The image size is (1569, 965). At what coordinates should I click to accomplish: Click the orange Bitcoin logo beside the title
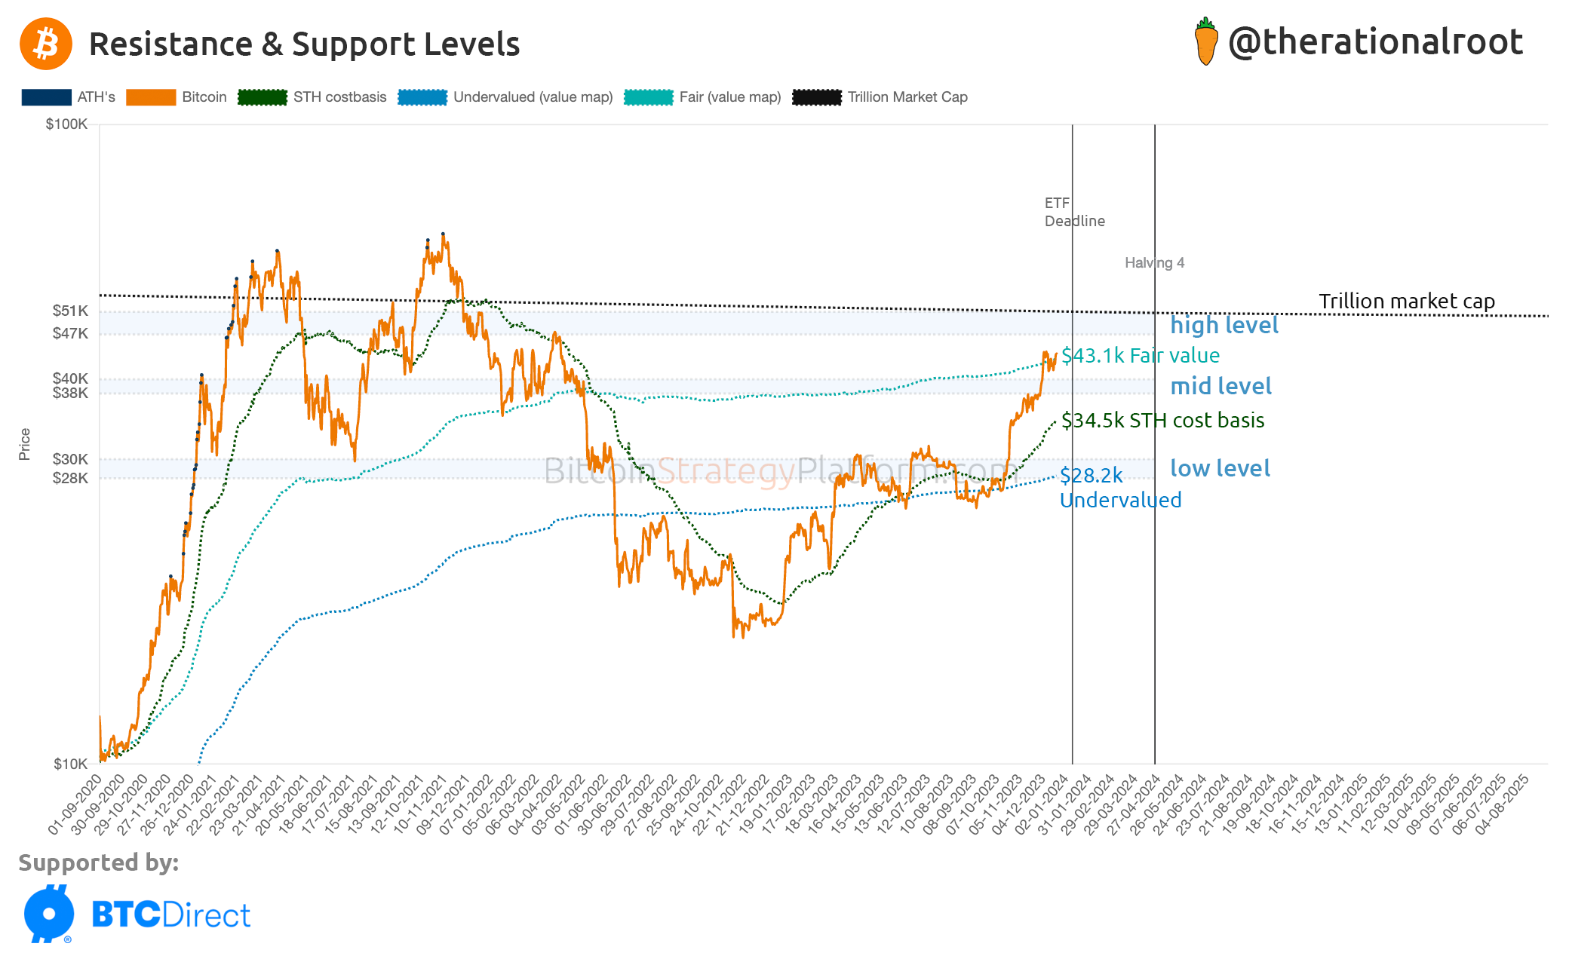point(46,44)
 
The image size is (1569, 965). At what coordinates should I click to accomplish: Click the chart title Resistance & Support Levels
point(304,44)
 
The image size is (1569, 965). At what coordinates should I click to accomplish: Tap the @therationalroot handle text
point(1375,41)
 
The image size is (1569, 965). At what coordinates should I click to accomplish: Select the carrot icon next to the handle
point(1206,42)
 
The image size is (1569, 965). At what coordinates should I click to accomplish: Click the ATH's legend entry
point(69,97)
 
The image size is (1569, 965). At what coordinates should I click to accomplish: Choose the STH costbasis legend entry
point(312,97)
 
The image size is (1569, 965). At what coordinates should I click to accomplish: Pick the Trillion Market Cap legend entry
point(880,97)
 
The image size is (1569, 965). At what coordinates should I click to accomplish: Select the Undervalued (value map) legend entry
point(505,97)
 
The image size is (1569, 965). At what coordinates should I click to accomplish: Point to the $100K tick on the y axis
point(67,124)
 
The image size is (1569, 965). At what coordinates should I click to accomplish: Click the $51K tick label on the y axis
point(70,311)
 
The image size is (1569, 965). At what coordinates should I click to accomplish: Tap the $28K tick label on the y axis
point(70,478)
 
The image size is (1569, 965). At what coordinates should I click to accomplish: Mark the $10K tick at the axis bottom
point(70,764)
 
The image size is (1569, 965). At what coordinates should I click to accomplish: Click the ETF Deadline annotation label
point(1074,212)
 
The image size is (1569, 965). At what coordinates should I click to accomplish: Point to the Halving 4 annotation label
point(1154,263)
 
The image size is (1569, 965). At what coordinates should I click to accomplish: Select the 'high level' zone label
point(1224,325)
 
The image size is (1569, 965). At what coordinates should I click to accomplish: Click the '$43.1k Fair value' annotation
point(1140,355)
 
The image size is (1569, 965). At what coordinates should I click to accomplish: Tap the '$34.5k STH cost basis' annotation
point(1162,420)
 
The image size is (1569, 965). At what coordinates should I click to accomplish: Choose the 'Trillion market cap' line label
point(1406,301)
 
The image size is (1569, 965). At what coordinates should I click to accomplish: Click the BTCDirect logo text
point(170,914)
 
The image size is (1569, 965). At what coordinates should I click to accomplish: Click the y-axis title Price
point(25,444)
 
